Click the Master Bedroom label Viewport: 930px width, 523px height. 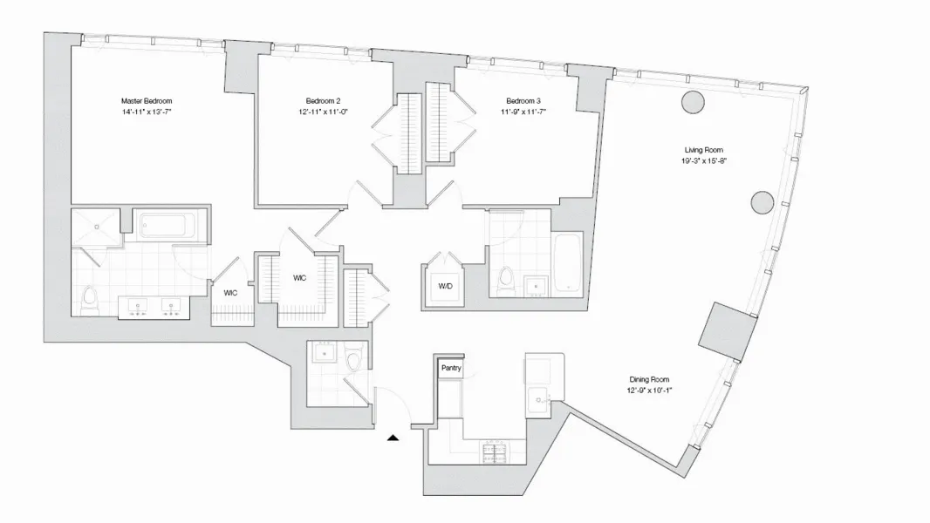tap(147, 101)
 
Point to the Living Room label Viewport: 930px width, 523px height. tap(703, 150)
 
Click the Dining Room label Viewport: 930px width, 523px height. tap(649, 379)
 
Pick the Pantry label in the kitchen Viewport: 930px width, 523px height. tap(450, 369)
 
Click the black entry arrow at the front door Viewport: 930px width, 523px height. tap(393, 438)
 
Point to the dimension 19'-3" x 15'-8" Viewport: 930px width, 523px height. tap(703, 161)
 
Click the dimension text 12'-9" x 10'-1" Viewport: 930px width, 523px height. tap(649, 391)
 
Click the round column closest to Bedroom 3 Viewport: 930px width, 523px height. tap(693, 101)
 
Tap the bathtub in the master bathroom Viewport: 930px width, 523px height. tap(169, 227)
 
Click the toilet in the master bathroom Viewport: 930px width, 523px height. tap(88, 302)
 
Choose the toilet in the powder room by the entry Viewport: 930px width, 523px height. tap(353, 359)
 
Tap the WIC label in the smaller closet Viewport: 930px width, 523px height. tap(230, 292)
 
